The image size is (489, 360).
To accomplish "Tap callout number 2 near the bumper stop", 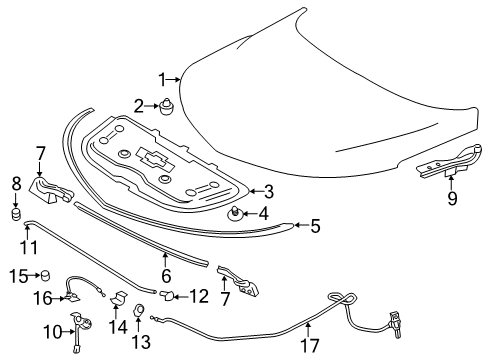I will (x=141, y=104).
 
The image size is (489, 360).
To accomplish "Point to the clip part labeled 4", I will (x=238, y=212).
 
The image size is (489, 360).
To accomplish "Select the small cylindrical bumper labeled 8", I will (x=17, y=212).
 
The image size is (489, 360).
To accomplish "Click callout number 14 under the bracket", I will (x=114, y=326).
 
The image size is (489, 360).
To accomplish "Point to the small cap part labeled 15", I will (x=44, y=275).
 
